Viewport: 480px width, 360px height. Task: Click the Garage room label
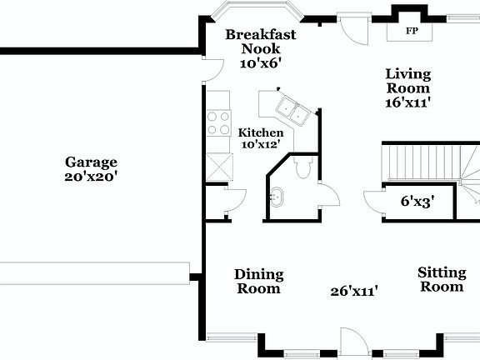tap(92, 162)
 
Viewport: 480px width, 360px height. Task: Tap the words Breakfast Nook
tap(261, 42)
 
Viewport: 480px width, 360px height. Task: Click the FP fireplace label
tap(411, 32)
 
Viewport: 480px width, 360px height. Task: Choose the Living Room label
tap(407, 81)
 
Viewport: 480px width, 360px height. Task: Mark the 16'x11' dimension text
tap(407, 102)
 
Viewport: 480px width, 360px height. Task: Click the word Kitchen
tap(261, 132)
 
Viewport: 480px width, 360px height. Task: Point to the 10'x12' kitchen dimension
tap(261, 145)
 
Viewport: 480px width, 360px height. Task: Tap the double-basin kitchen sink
tap(291, 107)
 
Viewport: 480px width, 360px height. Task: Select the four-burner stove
tap(218, 123)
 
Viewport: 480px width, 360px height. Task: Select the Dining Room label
tap(258, 282)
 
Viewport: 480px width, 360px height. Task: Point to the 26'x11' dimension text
tap(354, 291)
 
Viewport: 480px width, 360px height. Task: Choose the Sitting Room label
tap(440, 279)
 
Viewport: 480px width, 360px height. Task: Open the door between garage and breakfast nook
tap(212, 69)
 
